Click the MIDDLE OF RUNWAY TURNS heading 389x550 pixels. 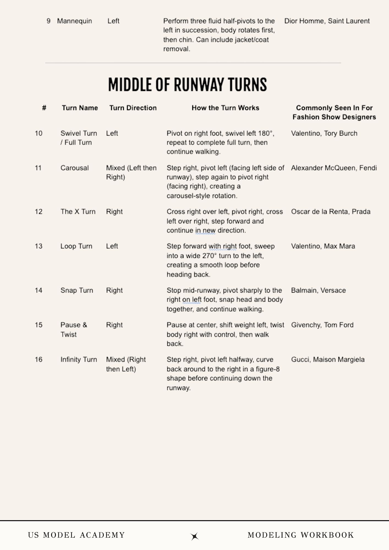click(187, 84)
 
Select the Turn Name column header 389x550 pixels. click(80, 108)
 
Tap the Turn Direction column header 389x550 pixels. click(133, 108)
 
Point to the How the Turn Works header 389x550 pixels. click(225, 108)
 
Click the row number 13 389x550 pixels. click(39, 246)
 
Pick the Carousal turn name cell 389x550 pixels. click(75, 168)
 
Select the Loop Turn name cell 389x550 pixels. click(76, 246)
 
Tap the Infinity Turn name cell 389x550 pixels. click(79, 359)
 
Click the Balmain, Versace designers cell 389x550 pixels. click(318, 290)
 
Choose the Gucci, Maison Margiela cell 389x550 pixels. click(328, 359)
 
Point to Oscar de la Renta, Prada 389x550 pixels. click(331, 212)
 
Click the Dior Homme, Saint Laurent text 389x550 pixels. click(327, 21)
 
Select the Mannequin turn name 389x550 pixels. click(75, 21)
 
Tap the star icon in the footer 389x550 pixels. click(194, 536)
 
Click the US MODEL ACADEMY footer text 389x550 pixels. click(76, 535)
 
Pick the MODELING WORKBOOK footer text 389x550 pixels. click(301, 535)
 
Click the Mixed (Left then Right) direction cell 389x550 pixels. click(131, 172)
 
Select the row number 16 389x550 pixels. click(39, 359)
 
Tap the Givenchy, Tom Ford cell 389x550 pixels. click(322, 325)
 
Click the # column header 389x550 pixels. click(44, 108)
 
